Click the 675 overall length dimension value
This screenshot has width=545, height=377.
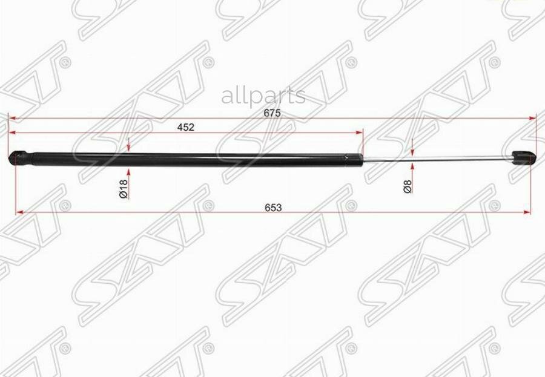coord(272,113)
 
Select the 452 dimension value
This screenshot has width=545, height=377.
coord(186,127)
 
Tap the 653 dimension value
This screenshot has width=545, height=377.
coord(273,208)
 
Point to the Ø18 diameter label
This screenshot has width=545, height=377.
coord(124,189)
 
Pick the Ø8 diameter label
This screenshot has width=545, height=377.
coord(408,186)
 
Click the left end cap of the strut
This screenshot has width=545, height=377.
coord(20,159)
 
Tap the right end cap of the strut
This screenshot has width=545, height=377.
coord(524,157)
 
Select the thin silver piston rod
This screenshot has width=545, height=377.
coord(438,160)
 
